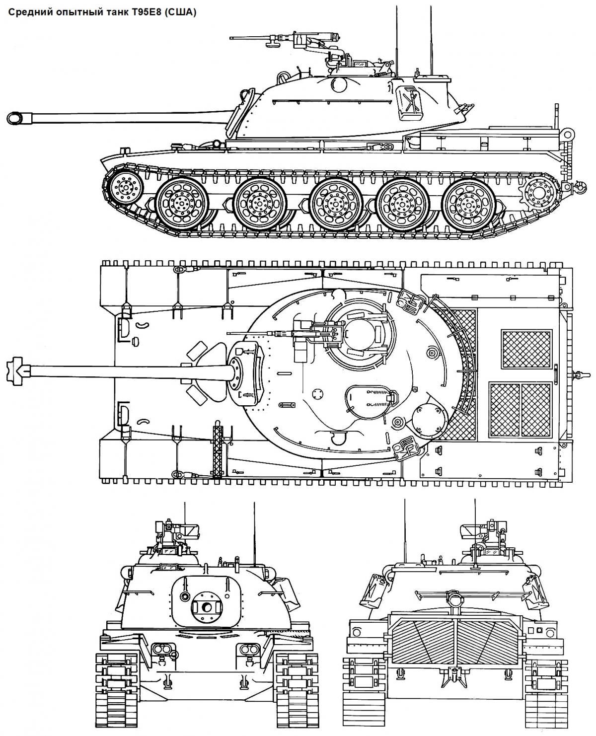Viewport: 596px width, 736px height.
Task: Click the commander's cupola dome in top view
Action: click(x=359, y=333)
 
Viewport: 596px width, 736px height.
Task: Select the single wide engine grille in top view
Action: click(x=526, y=349)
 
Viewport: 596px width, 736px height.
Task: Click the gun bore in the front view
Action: click(x=207, y=617)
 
